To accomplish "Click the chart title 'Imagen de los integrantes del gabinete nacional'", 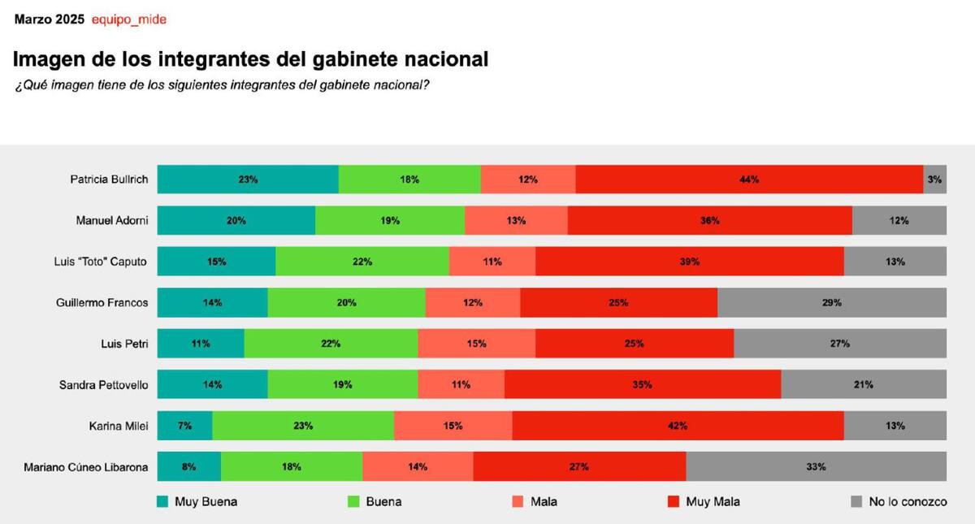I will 251,59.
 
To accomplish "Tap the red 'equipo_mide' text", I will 129,19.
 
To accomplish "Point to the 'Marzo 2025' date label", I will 49,19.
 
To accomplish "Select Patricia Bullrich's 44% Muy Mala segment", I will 749,180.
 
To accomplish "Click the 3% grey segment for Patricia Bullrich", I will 934,180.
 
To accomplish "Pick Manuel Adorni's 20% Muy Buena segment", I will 236,221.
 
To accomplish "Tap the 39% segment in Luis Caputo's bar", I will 690,262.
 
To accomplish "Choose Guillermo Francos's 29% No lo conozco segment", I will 831,303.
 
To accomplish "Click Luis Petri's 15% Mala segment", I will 476,344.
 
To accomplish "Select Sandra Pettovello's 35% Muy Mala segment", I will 642,385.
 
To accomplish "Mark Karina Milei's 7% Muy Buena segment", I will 185,426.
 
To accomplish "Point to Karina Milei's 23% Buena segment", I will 303,426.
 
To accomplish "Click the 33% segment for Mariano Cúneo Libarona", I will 816,467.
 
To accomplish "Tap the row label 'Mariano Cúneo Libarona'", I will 86,467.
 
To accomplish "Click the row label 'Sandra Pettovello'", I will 104,385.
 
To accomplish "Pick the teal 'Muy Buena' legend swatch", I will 163,502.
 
